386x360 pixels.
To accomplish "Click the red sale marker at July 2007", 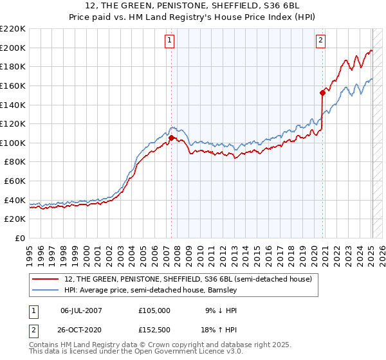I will (171, 138).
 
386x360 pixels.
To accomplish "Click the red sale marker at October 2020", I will (322, 92).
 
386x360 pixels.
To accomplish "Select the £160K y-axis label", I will (13, 85).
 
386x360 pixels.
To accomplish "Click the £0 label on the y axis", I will (19, 239).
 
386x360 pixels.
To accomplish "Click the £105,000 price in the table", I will (154, 310).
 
